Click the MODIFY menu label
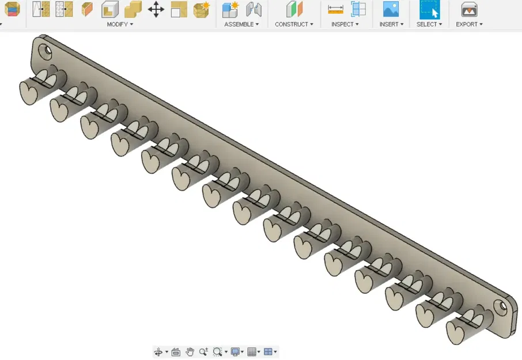(119, 24)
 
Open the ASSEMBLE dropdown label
(241, 24)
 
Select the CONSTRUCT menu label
(293, 24)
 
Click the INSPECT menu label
(345, 24)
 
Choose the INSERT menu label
(391, 24)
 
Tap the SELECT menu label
(429, 24)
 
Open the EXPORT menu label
(468, 24)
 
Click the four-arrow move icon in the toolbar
(156, 9)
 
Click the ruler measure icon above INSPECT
(335, 9)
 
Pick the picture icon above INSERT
(391, 9)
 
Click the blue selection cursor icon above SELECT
(429, 9)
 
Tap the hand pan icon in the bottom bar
(190, 352)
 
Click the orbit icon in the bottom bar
(158, 352)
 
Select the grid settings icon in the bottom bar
(252, 352)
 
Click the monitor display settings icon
(235, 352)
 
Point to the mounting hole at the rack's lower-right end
(503, 306)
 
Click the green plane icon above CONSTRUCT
(294, 9)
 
